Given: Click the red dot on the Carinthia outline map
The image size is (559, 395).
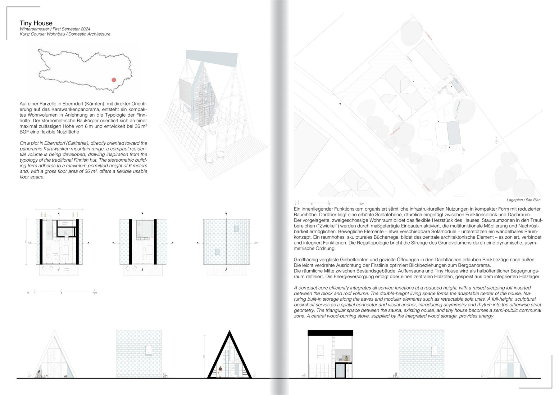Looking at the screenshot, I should [114, 80].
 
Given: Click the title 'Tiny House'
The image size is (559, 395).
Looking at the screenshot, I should [36, 23].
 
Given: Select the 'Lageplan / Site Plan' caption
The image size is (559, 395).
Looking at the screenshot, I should [523, 200].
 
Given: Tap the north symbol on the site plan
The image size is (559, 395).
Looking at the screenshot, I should [496, 141].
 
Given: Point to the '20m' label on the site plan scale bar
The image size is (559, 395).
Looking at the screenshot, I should [361, 204].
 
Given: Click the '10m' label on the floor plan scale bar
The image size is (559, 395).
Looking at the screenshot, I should [94, 293].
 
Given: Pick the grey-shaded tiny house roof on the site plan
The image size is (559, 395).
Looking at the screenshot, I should [453, 133].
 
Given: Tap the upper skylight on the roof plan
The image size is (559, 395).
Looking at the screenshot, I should [236, 229].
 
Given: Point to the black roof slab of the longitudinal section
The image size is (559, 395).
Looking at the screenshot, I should [330, 333].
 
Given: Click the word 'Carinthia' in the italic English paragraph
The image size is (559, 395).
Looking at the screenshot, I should [76, 143].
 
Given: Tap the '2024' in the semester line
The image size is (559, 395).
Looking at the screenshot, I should [85, 29].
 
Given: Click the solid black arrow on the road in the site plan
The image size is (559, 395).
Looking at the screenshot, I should [340, 104].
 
